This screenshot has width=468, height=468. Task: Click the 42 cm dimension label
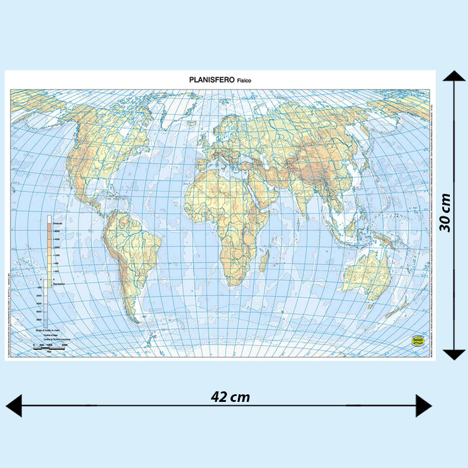230,397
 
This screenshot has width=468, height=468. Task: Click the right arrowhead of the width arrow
424,405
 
